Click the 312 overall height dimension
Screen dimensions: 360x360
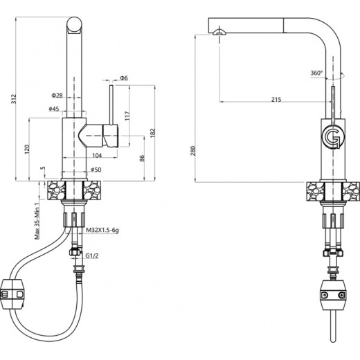(x=14, y=99)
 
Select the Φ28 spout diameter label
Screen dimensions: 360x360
(x=57, y=96)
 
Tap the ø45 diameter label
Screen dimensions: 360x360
(x=54, y=109)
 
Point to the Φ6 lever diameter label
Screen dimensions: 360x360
(x=124, y=78)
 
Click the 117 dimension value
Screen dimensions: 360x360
(x=127, y=116)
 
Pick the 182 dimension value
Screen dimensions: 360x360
(x=153, y=133)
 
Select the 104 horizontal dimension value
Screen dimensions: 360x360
(x=97, y=155)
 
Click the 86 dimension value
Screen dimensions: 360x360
(x=142, y=159)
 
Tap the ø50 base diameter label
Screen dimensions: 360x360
(x=96, y=170)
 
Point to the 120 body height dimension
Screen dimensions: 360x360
(x=27, y=150)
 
